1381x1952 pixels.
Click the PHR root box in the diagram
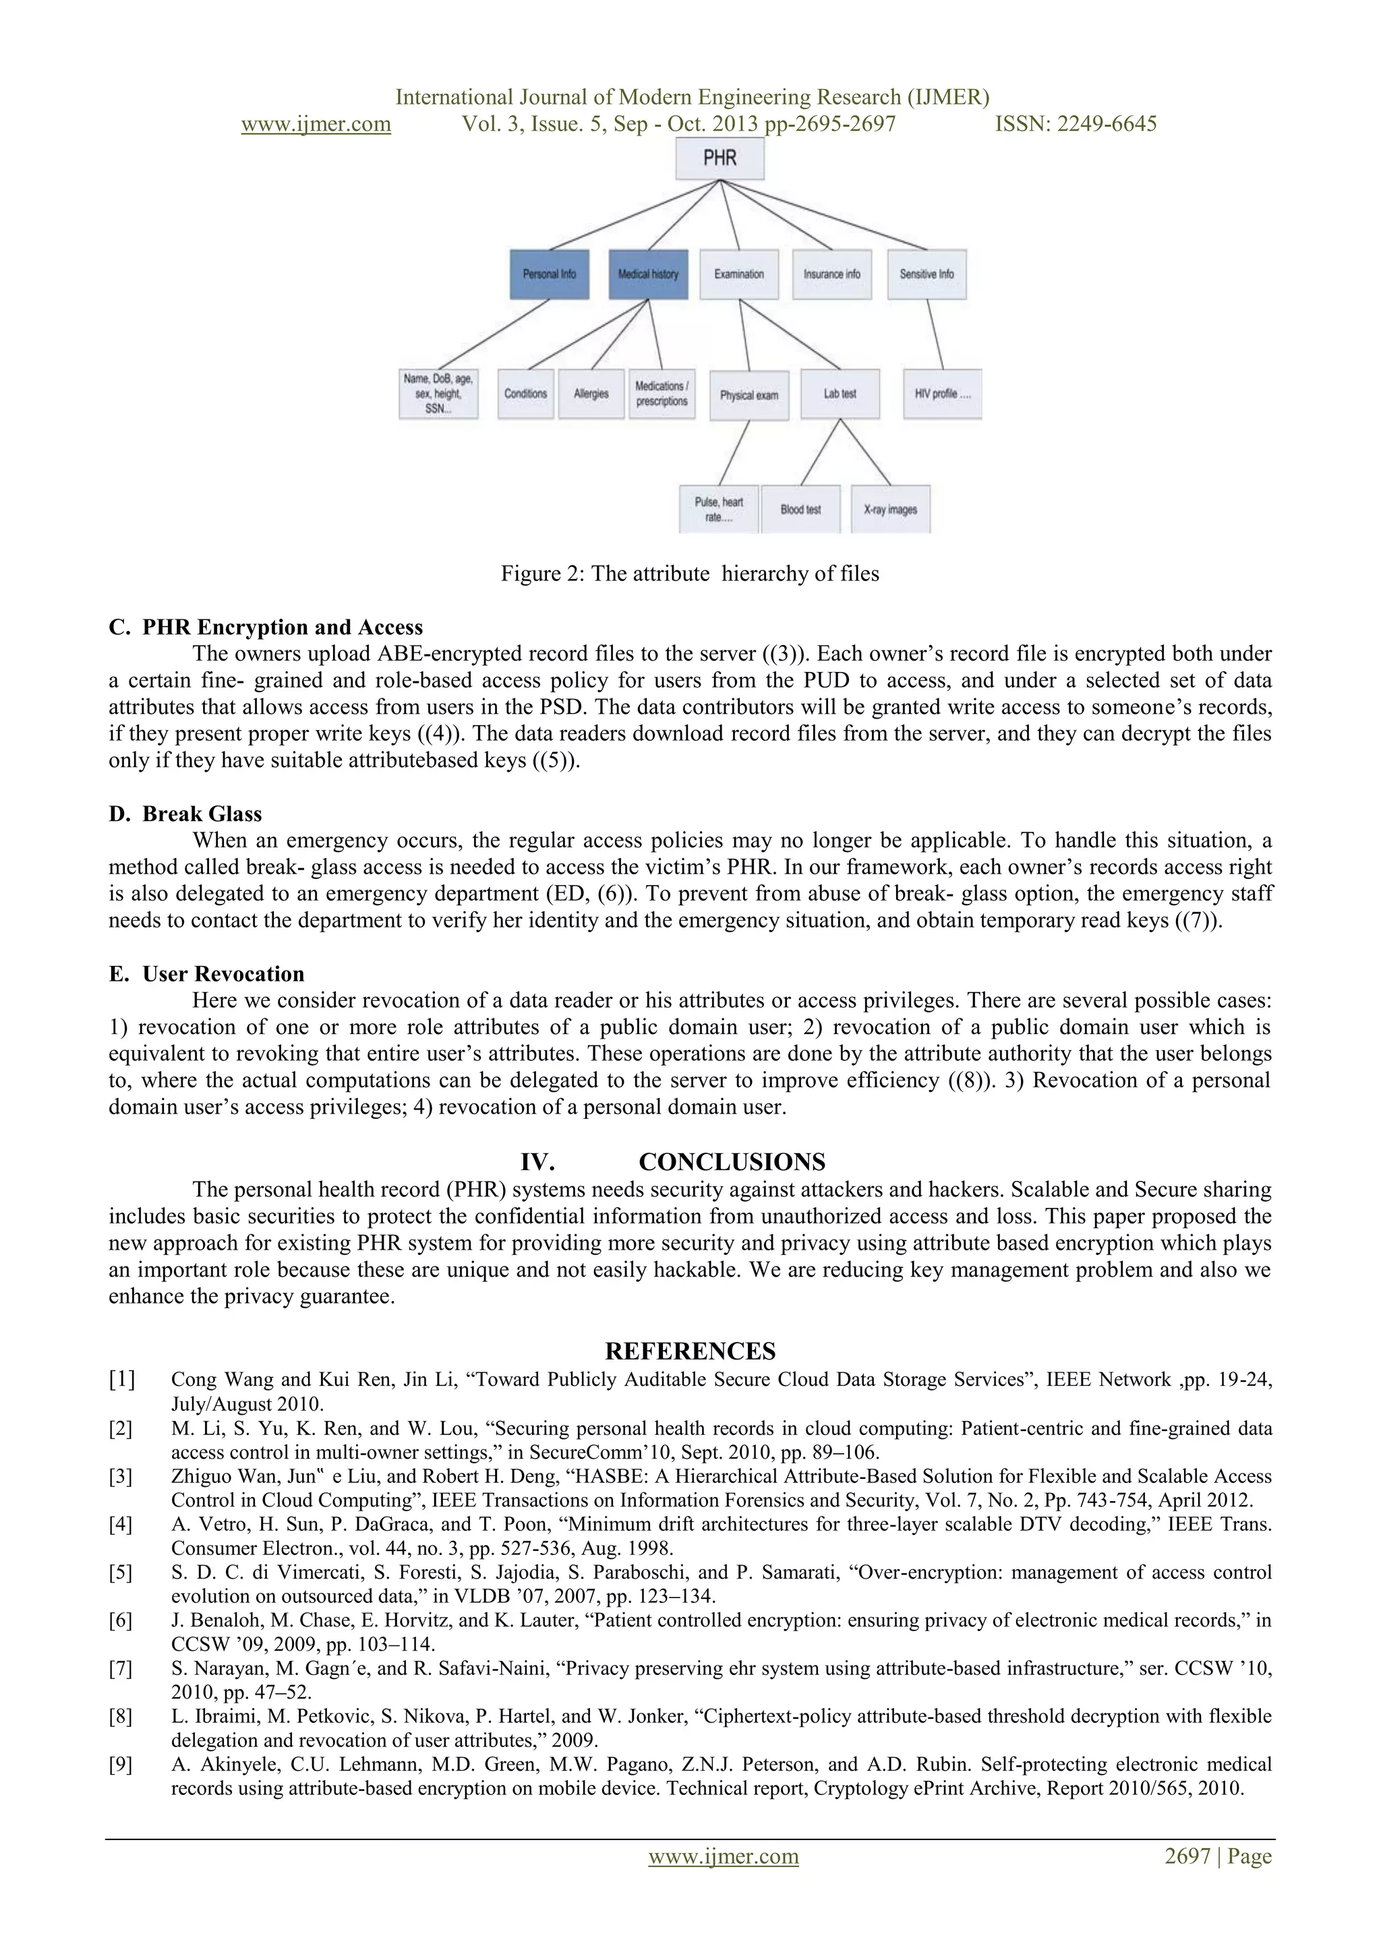pos(719,158)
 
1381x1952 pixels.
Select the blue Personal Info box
pos(550,274)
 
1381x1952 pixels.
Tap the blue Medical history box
pos(648,274)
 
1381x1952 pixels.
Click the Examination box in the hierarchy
pos(739,274)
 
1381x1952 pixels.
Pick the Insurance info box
pos(831,274)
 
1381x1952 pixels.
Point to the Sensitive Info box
pos(927,274)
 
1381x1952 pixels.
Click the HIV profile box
pos(942,394)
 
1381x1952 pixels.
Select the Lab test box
pos(840,394)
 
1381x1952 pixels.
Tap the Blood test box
pos(800,510)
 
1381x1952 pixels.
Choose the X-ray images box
pos(890,510)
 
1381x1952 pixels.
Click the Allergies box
pos(591,394)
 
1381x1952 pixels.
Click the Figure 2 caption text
pos(690,574)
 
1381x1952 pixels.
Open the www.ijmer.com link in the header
pos(316,124)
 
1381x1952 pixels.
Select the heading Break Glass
pos(202,814)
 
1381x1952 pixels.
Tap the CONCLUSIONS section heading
pos(732,1162)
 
